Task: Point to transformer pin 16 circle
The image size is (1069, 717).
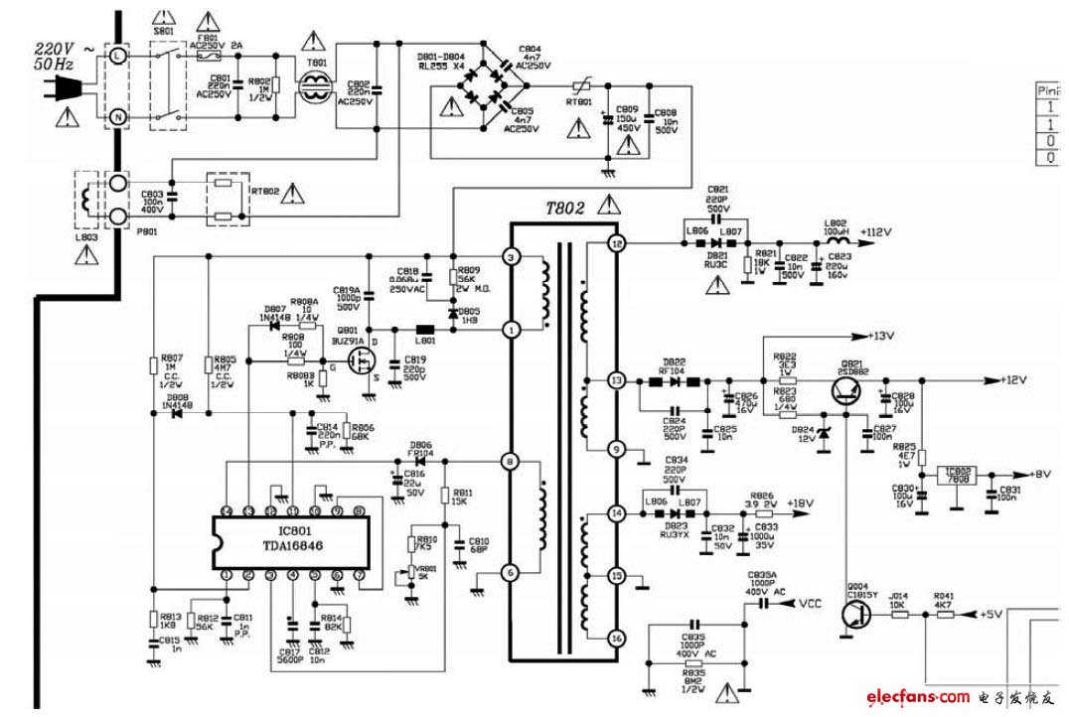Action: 616,639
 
